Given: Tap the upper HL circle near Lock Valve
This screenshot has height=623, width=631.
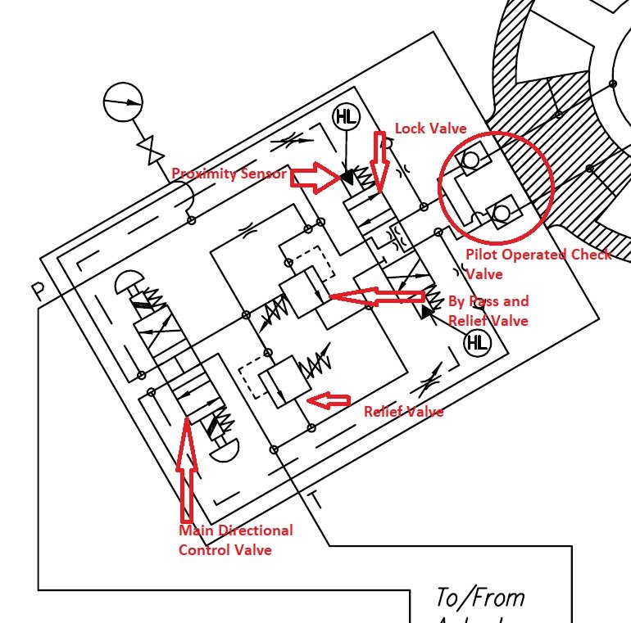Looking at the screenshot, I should [346, 118].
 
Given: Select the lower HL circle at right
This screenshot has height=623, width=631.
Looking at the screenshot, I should [476, 343].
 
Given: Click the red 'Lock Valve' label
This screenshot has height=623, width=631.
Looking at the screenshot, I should [429, 129].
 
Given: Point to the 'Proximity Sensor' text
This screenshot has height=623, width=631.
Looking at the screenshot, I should [229, 174].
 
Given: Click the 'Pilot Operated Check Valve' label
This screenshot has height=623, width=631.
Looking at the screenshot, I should [537, 264].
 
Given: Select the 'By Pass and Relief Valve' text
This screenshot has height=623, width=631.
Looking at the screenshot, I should [488, 311].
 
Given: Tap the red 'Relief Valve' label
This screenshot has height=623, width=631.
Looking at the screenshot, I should [403, 411].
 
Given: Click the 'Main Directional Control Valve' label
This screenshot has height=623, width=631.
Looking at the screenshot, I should [235, 539].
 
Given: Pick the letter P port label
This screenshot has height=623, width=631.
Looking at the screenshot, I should [38, 291].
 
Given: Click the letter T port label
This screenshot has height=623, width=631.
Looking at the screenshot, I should [315, 499].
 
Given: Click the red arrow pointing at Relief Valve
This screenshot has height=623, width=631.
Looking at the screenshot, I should [327, 401].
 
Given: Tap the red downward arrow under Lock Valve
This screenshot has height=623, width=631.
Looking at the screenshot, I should [379, 160].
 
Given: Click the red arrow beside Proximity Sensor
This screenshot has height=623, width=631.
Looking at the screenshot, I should [315, 174].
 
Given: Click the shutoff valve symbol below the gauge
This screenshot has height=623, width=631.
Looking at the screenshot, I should [149, 151].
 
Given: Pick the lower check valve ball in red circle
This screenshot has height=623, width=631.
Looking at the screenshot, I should [502, 214].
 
